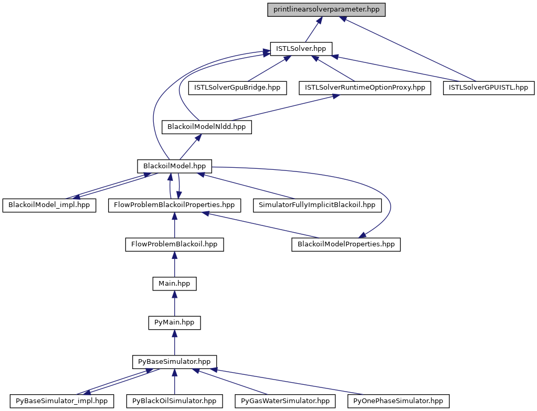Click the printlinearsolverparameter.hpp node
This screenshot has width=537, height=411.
327,9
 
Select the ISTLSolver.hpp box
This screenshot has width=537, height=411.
301,49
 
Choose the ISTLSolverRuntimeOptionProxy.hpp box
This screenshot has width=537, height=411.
365,88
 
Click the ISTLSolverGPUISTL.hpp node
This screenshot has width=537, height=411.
489,88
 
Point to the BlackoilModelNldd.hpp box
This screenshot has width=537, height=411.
206,127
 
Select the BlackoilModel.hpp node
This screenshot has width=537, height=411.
174,166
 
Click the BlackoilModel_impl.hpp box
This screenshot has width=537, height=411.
49,205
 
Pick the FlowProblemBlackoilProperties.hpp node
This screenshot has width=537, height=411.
174,205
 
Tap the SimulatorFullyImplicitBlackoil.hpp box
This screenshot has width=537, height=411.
317,205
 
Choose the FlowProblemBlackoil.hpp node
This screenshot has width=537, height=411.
174,244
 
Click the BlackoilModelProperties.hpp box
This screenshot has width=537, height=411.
346,244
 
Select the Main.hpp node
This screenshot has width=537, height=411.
174,284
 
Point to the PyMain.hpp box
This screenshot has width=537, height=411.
174,322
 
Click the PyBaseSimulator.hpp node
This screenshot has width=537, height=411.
174,362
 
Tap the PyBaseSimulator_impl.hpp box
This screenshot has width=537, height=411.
61,401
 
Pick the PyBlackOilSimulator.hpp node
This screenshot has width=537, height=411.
174,401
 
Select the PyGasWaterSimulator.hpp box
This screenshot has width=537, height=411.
285,401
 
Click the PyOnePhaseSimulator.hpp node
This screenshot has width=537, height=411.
398,401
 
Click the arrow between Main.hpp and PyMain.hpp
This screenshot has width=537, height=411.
174,303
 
